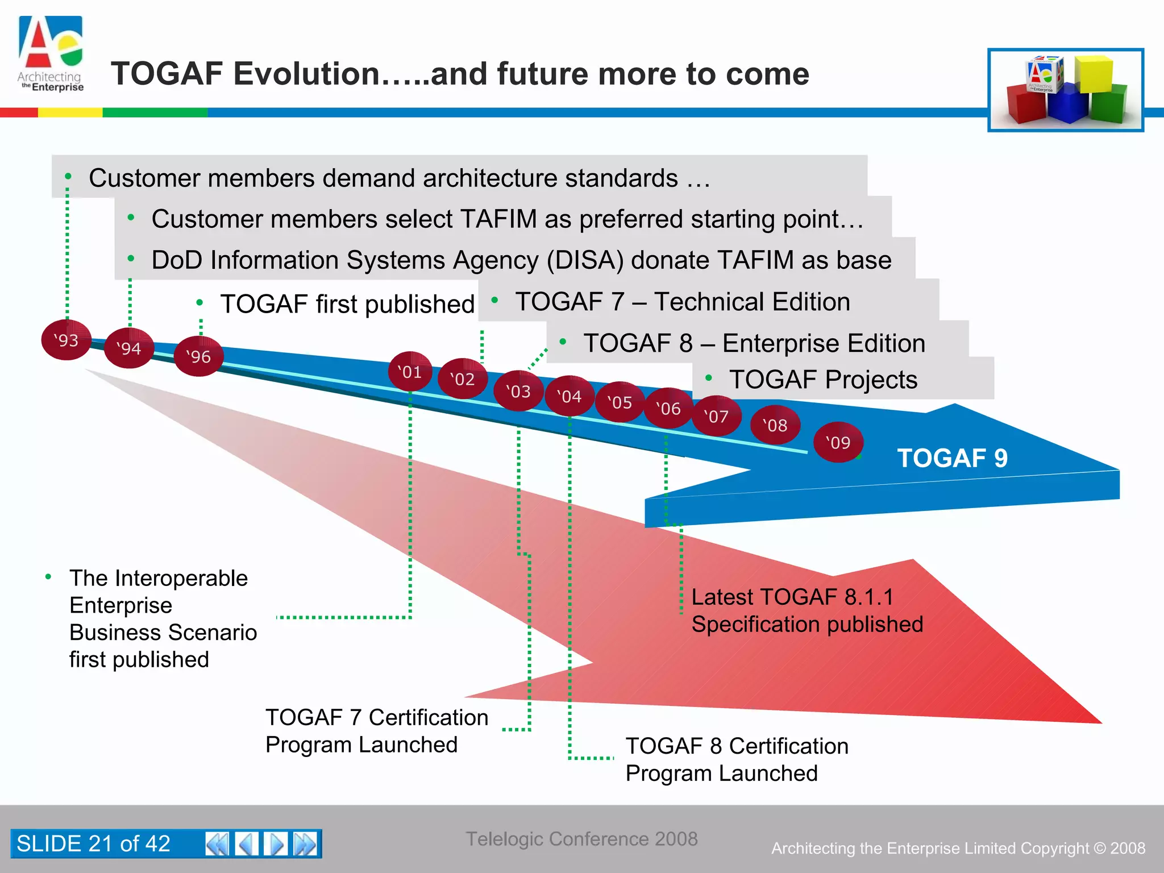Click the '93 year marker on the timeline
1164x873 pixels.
click(66, 340)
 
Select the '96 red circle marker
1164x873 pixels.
click(198, 356)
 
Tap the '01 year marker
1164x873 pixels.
click(410, 372)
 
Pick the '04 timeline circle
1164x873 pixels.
click(569, 396)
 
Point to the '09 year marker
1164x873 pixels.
click(838, 442)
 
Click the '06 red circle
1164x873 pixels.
click(668, 408)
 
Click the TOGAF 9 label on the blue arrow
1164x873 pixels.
click(952, 458)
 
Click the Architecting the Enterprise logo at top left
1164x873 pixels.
click(51, 55)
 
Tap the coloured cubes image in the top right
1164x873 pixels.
click(1066, 90)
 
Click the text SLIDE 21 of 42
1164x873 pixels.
click(94, 843)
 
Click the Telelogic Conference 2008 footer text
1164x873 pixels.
click(581, 839)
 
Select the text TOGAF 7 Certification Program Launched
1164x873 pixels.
click(376, 731)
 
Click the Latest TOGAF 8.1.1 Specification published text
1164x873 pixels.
click(807, 610)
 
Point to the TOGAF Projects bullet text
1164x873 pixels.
click(823, 380)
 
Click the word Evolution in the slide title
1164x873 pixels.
click(306, 74)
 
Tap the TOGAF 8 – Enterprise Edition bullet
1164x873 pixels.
click(754, 343)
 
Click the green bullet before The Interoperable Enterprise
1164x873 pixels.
click(49, 577)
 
